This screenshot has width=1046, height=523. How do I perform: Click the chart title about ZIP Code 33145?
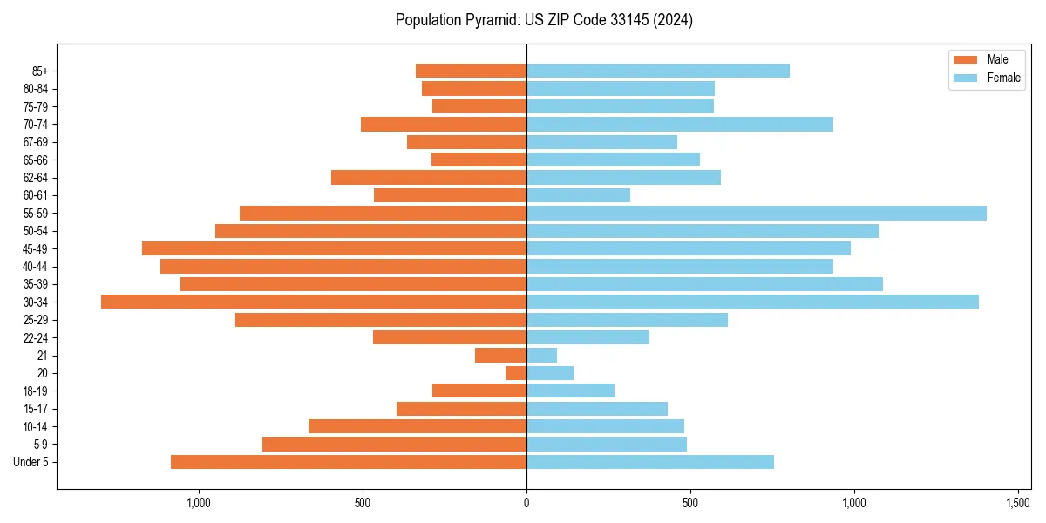coord(544,20)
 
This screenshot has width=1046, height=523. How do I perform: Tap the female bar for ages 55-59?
coord(756,214)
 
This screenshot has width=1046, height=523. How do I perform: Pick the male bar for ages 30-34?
coord(314,302)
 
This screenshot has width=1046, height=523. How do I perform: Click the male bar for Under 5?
coord(349,462)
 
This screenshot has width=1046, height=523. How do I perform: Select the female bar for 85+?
coord(658,71)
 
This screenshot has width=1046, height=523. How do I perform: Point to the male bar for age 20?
coord(516,373)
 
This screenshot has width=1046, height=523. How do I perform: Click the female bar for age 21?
coord(541,356)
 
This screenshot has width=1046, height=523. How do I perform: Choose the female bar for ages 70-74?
coord(680,125)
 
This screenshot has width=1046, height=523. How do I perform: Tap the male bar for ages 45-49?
coord(334,248)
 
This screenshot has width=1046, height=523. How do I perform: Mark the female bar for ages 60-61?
coord(578,195)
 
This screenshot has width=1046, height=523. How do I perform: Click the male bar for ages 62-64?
coord(429,178)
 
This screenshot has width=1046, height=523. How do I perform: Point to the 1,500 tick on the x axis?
coord(1018,503)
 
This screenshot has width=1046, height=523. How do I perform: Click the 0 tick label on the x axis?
coord(526,503)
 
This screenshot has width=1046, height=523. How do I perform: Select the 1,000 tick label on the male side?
coord(199,503)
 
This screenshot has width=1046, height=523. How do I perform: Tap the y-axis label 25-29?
coord(36,320)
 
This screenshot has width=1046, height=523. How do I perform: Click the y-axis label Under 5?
coord(31,462)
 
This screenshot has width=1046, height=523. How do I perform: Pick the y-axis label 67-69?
coord(36,142)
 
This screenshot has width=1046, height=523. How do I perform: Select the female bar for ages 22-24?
coord(588,337)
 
